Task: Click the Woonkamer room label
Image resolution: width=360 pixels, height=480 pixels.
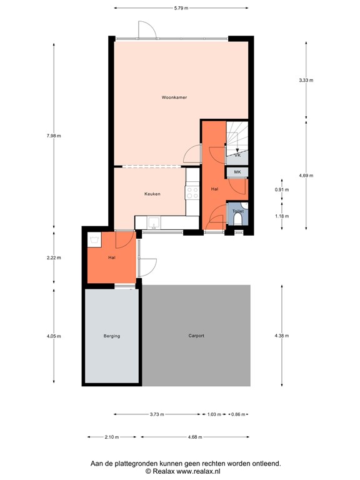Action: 174,97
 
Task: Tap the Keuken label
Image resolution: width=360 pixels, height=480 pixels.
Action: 152,194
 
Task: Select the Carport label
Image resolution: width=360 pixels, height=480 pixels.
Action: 196,336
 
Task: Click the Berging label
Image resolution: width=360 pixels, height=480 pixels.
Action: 112,336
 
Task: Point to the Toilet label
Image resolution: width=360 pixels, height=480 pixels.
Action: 237,212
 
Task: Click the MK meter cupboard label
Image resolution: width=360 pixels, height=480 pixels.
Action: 237,172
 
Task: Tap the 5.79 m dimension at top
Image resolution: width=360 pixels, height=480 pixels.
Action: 181,8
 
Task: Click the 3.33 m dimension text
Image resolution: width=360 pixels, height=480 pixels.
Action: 306,80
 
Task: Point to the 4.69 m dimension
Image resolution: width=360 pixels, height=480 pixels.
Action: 306,175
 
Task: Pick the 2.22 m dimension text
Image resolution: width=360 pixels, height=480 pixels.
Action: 54,257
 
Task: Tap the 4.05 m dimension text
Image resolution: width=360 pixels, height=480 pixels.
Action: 54,336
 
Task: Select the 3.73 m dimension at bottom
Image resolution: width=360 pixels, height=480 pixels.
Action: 157,414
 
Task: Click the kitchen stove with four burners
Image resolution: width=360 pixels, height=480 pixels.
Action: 192,192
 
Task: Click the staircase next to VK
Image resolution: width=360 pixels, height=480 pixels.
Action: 237,134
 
